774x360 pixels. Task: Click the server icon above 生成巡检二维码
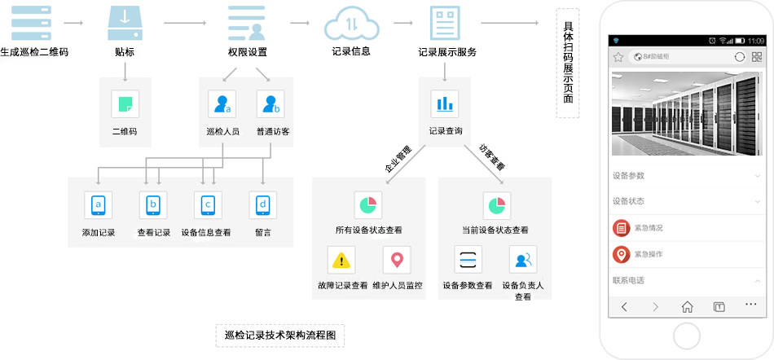(33, 24)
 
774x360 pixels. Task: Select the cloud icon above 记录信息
(351, 24)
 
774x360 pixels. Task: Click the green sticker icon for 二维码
(125, 104)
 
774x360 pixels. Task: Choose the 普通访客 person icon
(270, 104)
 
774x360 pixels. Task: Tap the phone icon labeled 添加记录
(98, 205)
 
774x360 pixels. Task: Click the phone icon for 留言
(262, 205)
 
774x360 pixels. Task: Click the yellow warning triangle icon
(341, 260)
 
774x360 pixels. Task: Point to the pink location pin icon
(397, 260)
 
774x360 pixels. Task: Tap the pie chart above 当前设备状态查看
(496, 205)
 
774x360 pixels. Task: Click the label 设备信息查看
(206, 233)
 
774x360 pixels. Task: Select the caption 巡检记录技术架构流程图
(280, 336)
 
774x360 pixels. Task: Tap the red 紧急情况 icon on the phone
(622, 228)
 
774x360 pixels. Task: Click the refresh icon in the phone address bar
(739, 57)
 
